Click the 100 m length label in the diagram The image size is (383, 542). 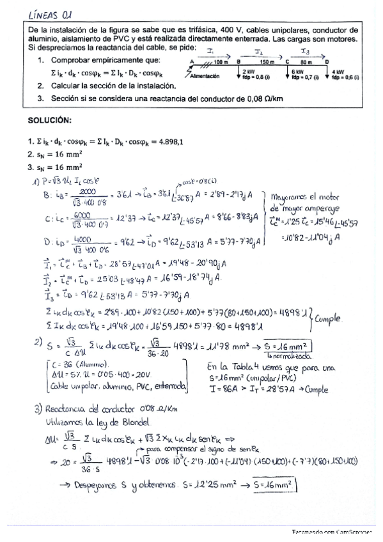tap(221, 62)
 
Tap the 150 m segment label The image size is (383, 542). tap(263, 62)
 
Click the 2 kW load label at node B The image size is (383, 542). tap(250, 72)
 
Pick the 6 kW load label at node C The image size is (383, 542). tap(297, 72)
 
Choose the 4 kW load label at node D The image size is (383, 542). tap(339, 72)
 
